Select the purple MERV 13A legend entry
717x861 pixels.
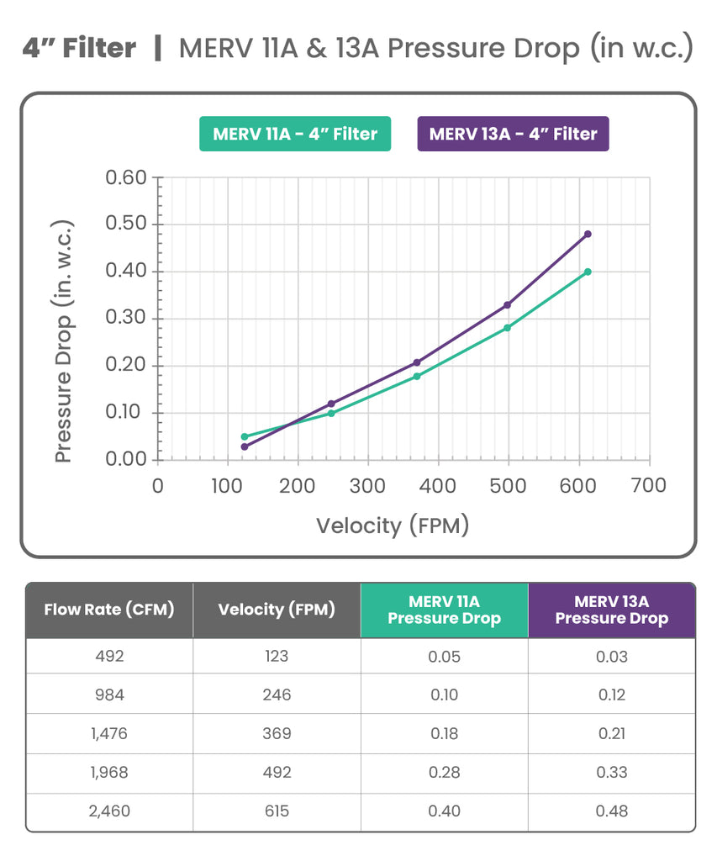513,134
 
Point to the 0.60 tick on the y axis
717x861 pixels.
125,178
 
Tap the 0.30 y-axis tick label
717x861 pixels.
125,319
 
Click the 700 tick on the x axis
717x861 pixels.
648,486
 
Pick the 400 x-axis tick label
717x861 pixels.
437,486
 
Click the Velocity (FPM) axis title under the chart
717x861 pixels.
392,526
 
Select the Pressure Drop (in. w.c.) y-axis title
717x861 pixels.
64,341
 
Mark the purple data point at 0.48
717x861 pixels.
588,234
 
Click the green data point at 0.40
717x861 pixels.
588,272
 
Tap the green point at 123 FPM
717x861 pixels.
245,436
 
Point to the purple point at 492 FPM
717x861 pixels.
507,304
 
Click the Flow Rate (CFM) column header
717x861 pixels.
109,610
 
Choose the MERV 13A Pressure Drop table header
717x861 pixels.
611,610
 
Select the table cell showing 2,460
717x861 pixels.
109,811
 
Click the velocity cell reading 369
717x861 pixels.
277,733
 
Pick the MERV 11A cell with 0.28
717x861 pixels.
444,772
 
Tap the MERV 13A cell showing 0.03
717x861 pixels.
611,657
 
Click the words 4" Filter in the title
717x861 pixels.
79,48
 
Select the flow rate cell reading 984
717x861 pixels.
109,695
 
